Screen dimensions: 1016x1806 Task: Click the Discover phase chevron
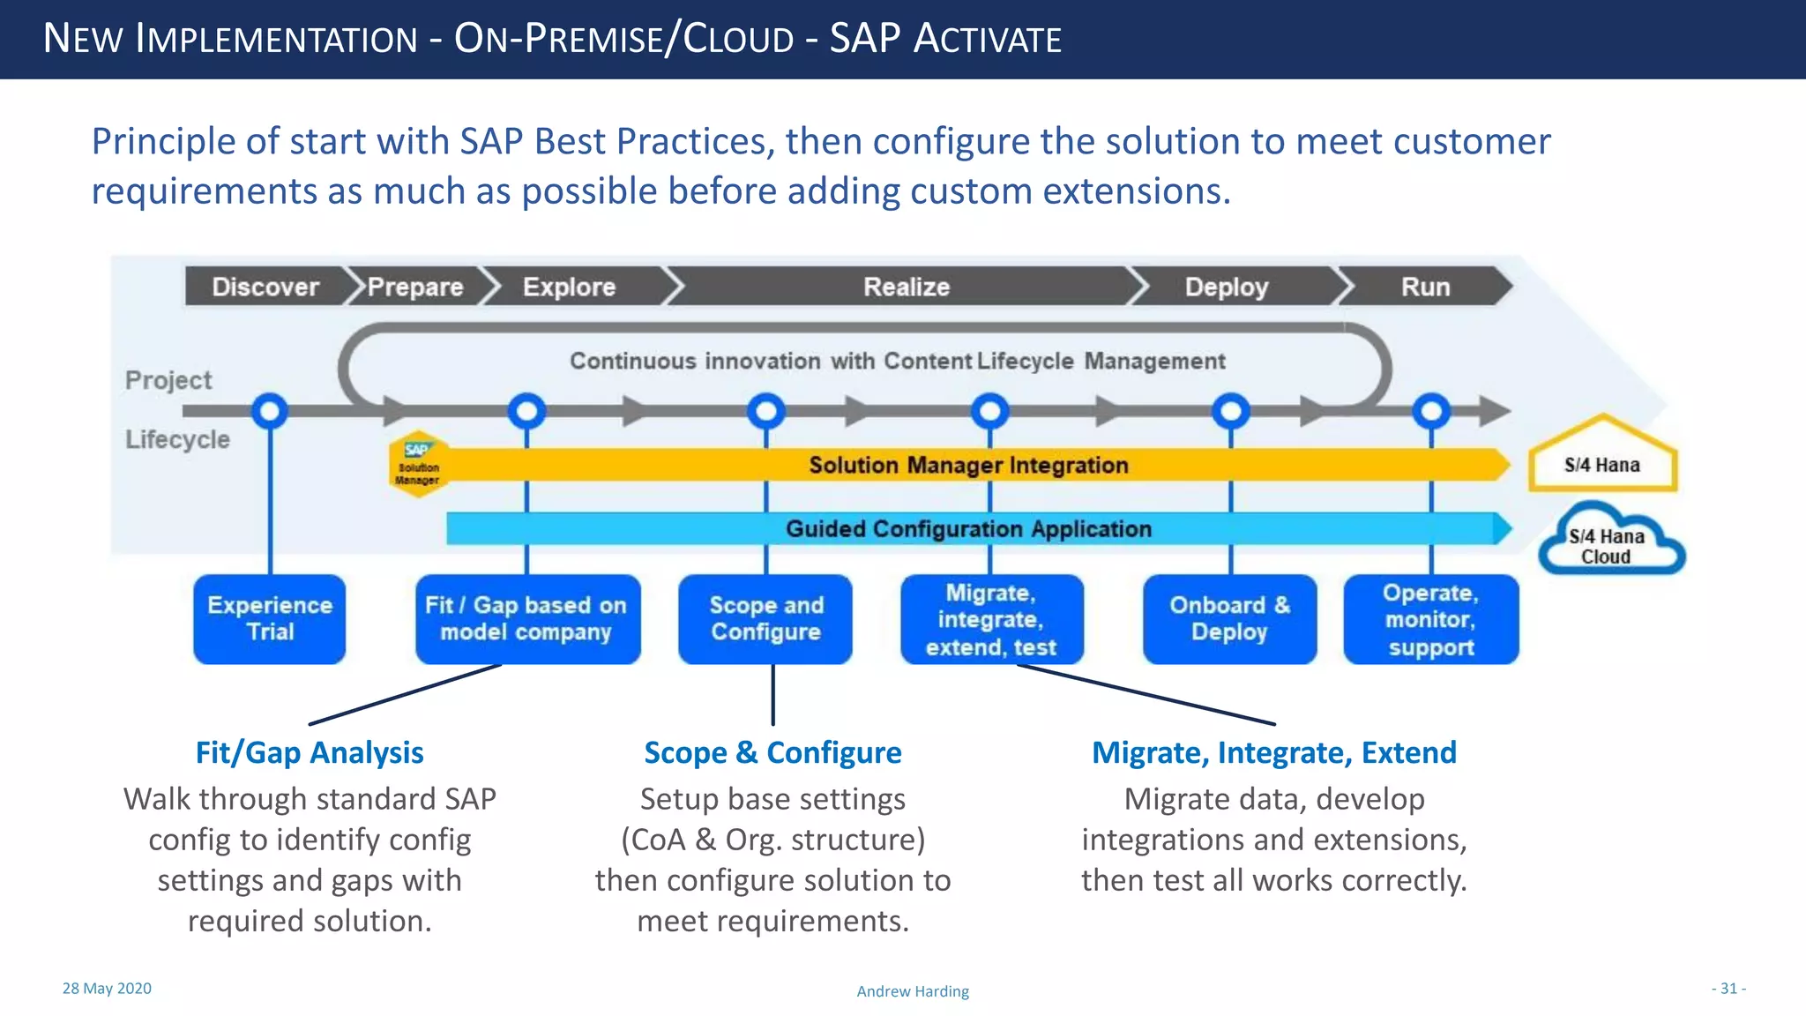(265, 287)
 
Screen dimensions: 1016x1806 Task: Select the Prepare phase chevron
(415, 287)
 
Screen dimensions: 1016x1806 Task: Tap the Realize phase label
(906, 287)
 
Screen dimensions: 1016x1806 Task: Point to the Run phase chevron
(1425, 287)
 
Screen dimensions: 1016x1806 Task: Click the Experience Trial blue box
(270, 618)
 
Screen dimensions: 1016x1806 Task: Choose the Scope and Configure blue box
(765, 618)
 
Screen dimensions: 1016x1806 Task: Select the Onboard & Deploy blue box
(1229, 618)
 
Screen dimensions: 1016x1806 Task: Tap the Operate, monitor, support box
(1430, 619)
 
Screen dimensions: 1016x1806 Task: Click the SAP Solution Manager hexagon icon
(418, 464)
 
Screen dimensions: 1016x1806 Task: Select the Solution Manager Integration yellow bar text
(968, 465)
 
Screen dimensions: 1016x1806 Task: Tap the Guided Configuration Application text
(968, 528)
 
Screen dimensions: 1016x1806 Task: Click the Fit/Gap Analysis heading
(310, 752)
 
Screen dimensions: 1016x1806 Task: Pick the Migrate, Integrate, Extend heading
(1273, 752)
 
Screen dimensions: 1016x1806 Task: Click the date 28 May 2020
(107, 989)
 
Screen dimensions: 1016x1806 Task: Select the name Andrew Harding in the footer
(913, 991)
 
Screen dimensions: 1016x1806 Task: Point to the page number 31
(1728, 989)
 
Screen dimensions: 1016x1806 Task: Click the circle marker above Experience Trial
(270, 410)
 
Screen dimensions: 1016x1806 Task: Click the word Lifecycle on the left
(177, 439)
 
